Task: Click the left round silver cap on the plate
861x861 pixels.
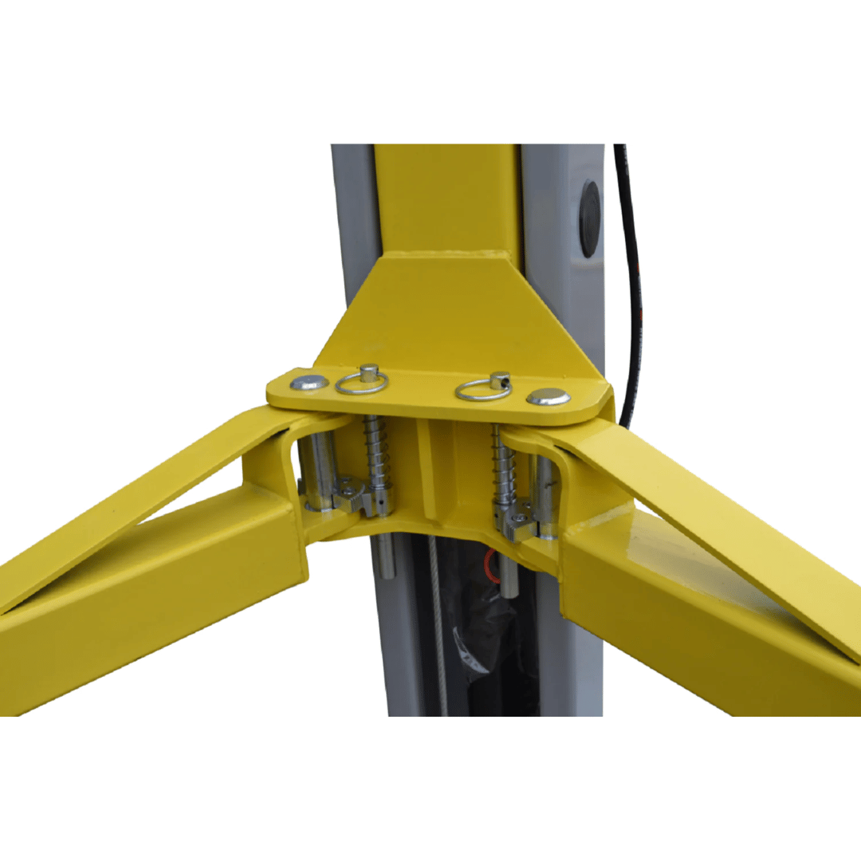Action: coord(309,383)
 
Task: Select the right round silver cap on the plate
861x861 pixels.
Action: coord(548,396)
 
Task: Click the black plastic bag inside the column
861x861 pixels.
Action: coord(478,630)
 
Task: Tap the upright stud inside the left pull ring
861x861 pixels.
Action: coord(368,372)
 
